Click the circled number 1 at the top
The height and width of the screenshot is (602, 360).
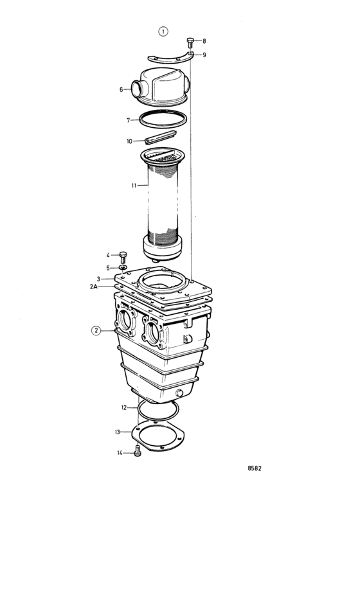[163, 31]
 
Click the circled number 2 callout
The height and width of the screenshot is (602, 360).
[96, 331]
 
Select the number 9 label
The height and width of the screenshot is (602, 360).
[204, 55]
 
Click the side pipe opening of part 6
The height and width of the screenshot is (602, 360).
[137, 89]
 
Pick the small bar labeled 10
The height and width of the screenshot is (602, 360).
[160, 137]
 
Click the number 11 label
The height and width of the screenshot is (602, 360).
[134, 186]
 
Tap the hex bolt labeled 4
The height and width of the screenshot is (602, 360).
[123, 257]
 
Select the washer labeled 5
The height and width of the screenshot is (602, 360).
[123, 267]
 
